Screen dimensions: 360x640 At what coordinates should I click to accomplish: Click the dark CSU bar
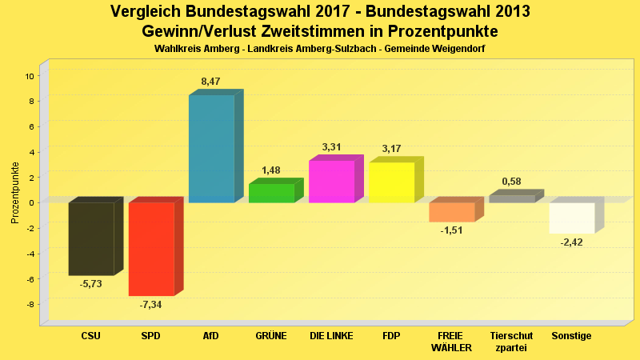[90, 238]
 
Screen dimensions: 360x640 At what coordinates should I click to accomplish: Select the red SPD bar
[151, 249]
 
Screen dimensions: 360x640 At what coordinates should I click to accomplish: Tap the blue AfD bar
[211, 149]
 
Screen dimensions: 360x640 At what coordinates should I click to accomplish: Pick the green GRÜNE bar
[271, 193]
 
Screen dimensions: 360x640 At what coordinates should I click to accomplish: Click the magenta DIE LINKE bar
[331, 182]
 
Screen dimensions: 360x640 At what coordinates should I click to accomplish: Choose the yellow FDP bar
[391, 182]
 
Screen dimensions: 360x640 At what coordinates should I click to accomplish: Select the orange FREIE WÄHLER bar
[452, 212]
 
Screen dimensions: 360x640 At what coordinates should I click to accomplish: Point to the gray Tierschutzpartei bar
[512, 198]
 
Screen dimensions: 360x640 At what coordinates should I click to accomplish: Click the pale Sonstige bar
[572, 218]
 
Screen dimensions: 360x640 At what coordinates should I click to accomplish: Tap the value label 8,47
[211, 82]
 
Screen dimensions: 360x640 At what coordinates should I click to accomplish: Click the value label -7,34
[150, 305]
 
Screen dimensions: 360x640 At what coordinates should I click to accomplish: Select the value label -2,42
[572, 242]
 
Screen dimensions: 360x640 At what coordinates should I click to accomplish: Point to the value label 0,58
[512, 182]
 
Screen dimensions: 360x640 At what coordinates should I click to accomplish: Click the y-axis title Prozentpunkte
[15, 193]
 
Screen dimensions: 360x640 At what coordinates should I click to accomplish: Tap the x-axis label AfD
[211, 336]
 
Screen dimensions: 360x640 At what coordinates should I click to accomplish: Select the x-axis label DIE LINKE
[331, 336]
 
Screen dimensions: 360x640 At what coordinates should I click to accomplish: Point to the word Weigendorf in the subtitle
[452, 49]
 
